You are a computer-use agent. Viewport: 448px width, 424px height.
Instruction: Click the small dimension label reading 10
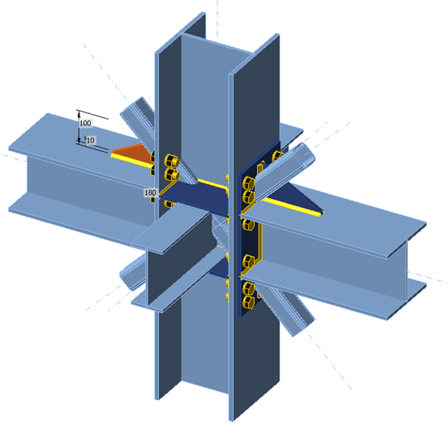(91, 139)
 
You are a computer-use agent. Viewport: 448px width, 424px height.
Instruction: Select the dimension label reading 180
(150, 193)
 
